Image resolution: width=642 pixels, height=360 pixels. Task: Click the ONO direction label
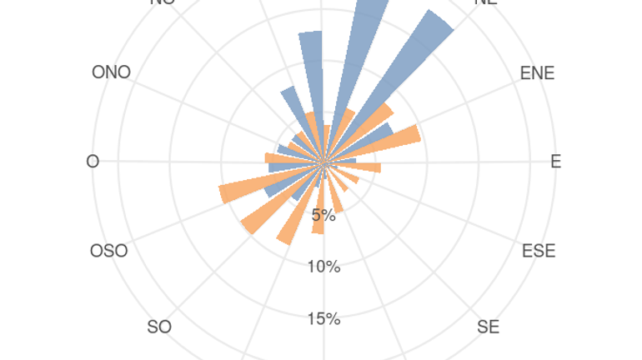coord(111,72)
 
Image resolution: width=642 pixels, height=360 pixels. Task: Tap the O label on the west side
coord(93,162)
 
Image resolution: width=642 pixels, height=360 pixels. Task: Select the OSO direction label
coord(109,251)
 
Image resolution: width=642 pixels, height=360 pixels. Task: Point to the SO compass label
coord(159,327)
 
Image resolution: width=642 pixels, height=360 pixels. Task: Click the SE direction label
coord(489,327)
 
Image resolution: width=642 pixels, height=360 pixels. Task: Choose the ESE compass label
coord(539,251)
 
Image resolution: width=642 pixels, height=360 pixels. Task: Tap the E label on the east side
coord(556,162)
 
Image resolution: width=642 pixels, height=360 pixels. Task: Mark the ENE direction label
coord(537,73)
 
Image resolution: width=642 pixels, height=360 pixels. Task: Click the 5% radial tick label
coord(324,216)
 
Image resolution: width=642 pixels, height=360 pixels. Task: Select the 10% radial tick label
coord(324,267)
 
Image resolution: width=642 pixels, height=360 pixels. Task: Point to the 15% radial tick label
coord(324,319)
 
